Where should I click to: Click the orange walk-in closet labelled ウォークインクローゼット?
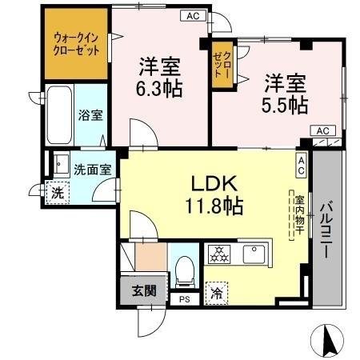click(77, 44)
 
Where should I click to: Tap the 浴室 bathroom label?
click(90, 115)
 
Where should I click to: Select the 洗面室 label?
click(93, 169)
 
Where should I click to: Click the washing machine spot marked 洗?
click(57, 193)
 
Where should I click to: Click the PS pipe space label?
click(185, 300)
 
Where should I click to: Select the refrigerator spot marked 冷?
click(215, 293)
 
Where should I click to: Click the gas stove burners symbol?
click(218, 255)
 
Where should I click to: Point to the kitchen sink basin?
click(256, 255)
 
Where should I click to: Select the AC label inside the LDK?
click(302, 165)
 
